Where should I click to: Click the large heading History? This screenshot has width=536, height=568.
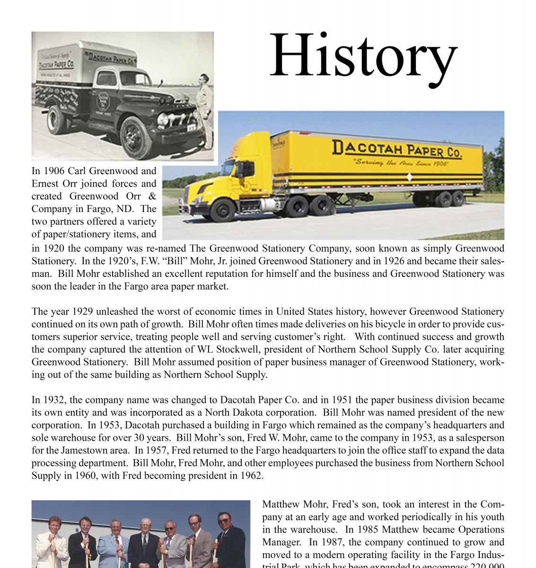(x=363, y=57)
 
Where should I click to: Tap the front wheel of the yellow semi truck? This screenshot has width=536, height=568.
(x=222, y=209)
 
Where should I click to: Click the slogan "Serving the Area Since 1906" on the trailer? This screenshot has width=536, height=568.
(x=400, y=163)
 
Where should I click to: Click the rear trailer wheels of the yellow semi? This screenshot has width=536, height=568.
(x=451, y=198)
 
